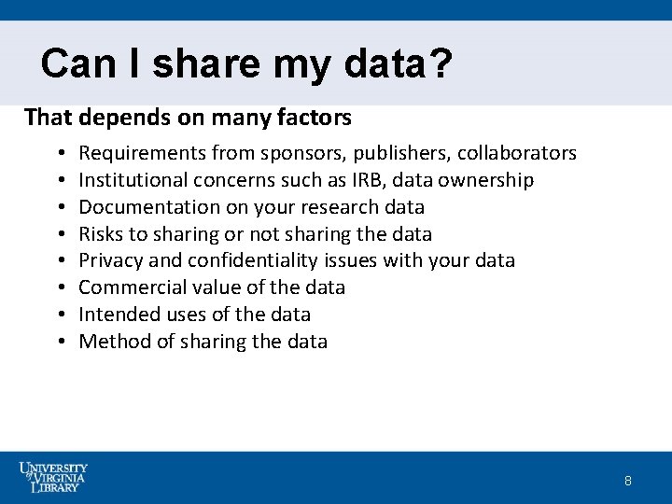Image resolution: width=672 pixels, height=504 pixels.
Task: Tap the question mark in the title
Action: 442,63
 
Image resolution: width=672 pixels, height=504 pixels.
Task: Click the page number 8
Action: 628,481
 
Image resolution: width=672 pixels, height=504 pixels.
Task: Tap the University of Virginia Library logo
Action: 53,477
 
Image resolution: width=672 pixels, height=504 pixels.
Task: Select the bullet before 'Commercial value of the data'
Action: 59,287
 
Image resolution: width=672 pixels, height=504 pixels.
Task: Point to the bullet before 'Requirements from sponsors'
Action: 59,153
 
